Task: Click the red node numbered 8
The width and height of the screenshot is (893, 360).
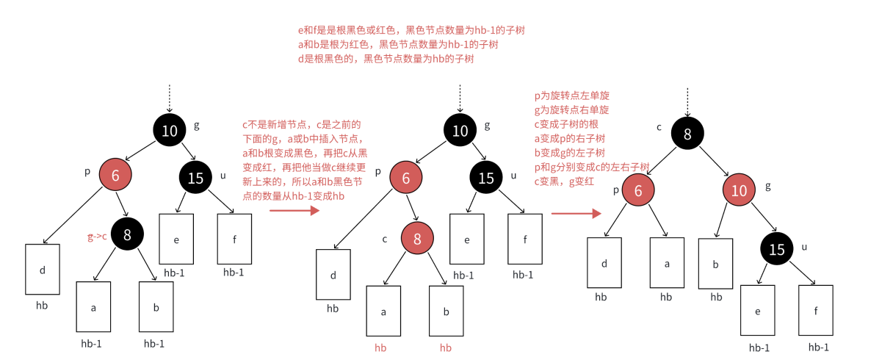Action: pyautogui.click(x=417, y=238)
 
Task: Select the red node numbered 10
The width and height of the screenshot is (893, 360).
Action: pyautogui.click(x=739, y=190)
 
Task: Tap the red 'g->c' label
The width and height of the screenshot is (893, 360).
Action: pyautogui.click(x=97, y=237)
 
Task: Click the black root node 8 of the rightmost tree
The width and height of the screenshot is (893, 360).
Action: pyautogui.click(x=687, y=134)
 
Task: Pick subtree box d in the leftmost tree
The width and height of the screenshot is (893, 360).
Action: pyautogui.click(x=43, y=270)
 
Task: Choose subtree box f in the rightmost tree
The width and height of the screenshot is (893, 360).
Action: pyautogui.click(x=815, y=311)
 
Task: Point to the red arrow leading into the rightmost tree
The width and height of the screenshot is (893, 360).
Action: pyautogui.click(x=576, y=214)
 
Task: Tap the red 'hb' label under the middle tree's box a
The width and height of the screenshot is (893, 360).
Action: pyautogui.click(x=380, y=348)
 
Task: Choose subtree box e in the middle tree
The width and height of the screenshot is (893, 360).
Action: pyautogui.click(x=466, y=239)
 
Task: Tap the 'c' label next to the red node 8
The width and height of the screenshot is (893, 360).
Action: pyautogui.click(x=384, y=238)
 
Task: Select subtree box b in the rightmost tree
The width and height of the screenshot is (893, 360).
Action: pyautogui.click(x=715, y=263)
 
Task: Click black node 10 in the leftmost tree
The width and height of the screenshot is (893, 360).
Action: pyautogui.click(x=170, y=131)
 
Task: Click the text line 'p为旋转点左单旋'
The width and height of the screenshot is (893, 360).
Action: pyautogui.click(x=573, y=96)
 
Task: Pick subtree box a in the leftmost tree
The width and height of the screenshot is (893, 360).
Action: pyautogui.click(x=93, y=307)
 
